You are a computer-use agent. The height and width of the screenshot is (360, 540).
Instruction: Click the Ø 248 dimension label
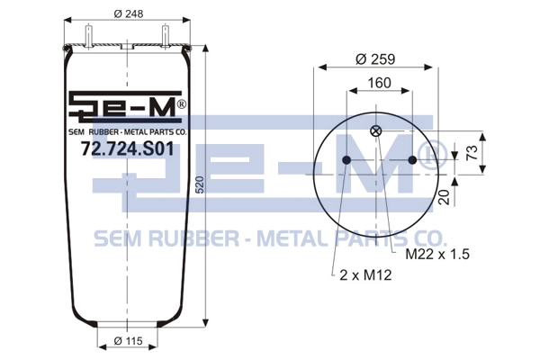click(x=128, y=13)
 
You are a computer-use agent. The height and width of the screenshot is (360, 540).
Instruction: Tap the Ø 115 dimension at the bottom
click(x=128, y=341)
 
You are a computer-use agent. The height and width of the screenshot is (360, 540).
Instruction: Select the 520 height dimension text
click(x=200, y=184)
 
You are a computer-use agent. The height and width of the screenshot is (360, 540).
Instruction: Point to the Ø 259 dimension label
click(x=375, y=59)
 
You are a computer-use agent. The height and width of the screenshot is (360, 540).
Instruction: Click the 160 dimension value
click(x=380, y=83)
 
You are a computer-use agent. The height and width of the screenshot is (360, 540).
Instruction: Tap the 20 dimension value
click(x=445, y=197)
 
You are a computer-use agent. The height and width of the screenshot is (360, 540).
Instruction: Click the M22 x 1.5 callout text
click(x=437, y=254)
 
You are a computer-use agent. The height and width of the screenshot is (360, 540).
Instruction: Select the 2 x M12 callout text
click(x=365, y=275)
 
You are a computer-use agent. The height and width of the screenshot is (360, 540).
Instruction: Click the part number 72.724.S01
click(x=128, y=148)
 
